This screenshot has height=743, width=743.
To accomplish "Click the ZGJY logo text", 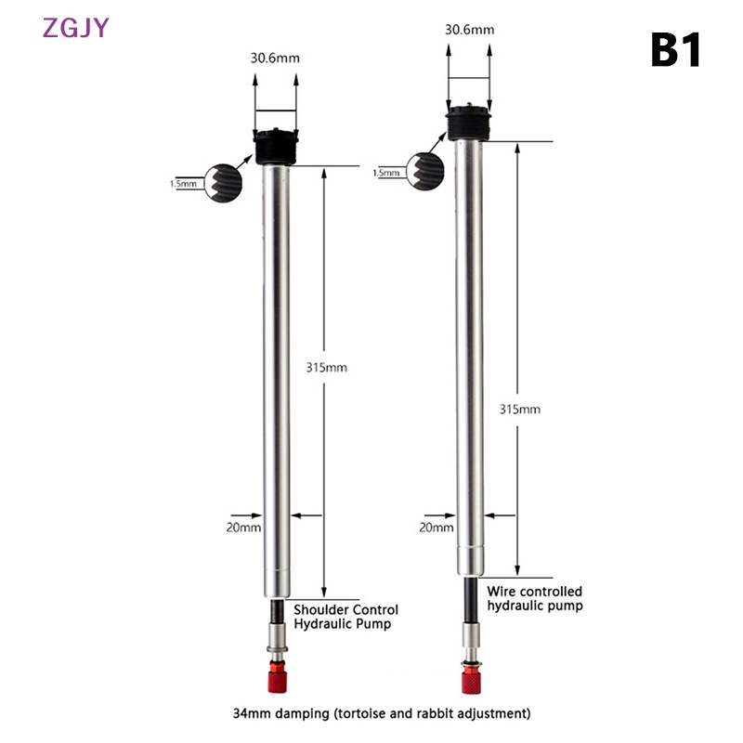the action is click(76, 28).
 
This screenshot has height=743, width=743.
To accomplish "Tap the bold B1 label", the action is click(676, 50).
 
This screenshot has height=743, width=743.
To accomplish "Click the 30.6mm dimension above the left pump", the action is click(275, 59).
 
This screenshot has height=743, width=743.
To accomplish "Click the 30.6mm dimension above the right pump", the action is click(469, 30).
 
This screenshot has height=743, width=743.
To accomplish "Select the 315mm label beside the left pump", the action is click(327, 368).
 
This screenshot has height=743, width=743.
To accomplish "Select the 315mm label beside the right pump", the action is click(520, 410).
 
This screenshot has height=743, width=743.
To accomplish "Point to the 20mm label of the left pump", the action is click(243, 528).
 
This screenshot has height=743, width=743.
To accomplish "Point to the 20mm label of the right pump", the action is click(437, 528).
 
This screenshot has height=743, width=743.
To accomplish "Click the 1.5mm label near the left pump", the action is click(183, 184).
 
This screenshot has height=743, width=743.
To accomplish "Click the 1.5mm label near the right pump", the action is click(386, 173).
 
